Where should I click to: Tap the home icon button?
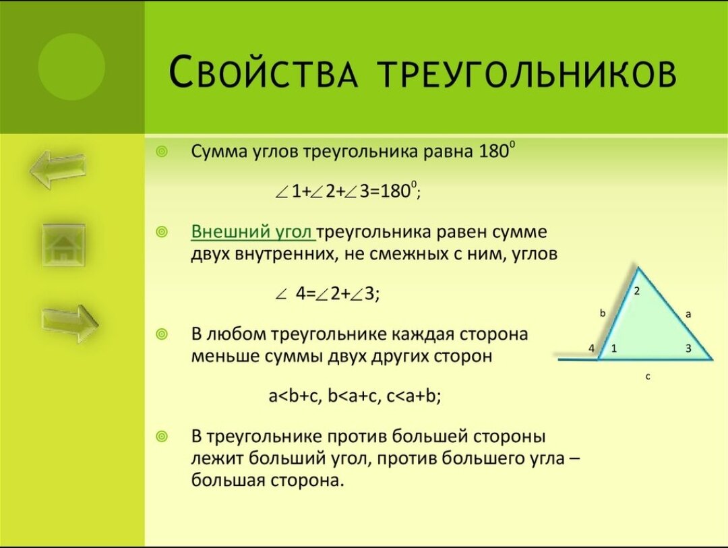click(x=63, y=245)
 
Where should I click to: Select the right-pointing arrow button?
click(x=69, y=323)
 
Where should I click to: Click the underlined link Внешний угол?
click(x=253, y=231)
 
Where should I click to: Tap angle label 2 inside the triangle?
click(x=636, y=291)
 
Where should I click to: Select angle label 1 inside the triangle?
click(x=614, y=348)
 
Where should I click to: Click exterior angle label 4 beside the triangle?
click(x=592, y=348)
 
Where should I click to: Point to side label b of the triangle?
click(x=603, y=313)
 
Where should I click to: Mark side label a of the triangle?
click(x=688, y=314)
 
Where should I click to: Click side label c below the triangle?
click(x=648, y=377)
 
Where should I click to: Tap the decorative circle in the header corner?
click(x=71, y=67)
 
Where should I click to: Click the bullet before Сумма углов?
click(x=161, y=152)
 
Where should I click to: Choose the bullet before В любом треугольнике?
click(x=161, y=334)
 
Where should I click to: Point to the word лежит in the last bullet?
click(x=217, y=458)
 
